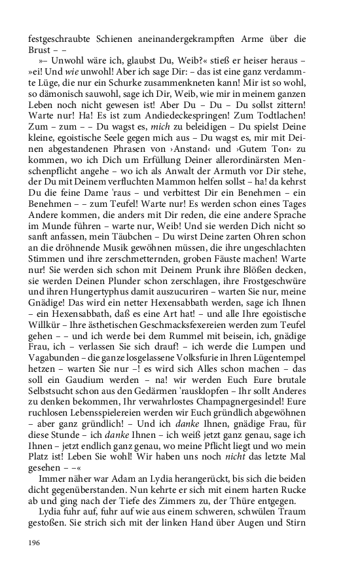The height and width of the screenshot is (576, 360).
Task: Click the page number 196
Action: point(33,543)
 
